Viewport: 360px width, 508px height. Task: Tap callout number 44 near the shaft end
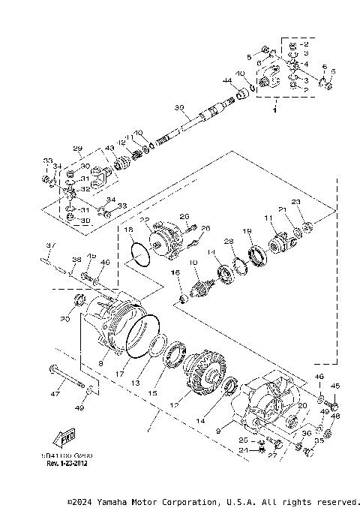pyautogui.click(x=226, y=80)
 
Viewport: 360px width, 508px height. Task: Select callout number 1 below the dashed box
pyautogui.click(x=274, y=111)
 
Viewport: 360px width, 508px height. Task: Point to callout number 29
pyautogui.click(x=76, y=148)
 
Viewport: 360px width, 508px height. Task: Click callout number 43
pyautogui.click(x=110, y=148)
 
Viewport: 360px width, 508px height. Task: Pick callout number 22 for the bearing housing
pyautogui.click(x=145, y=221)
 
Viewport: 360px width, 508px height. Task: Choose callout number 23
pyautogui.click(x=295, y=202)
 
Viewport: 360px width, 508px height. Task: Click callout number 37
pyautogui.click(x=50, y=245)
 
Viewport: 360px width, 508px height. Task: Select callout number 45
pyautogui.click(x=335, y=386)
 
